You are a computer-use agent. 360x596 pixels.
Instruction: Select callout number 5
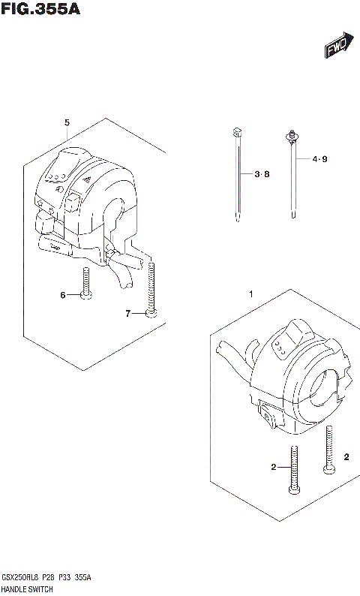67,122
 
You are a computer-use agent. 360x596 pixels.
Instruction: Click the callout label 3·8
261,174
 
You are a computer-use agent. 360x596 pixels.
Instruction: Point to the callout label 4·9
320,158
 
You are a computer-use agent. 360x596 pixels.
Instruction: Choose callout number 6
63,295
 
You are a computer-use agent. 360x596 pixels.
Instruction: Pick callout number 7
127,313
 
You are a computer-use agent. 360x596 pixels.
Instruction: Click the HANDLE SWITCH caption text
26,589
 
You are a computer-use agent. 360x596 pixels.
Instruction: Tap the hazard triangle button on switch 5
88,180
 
